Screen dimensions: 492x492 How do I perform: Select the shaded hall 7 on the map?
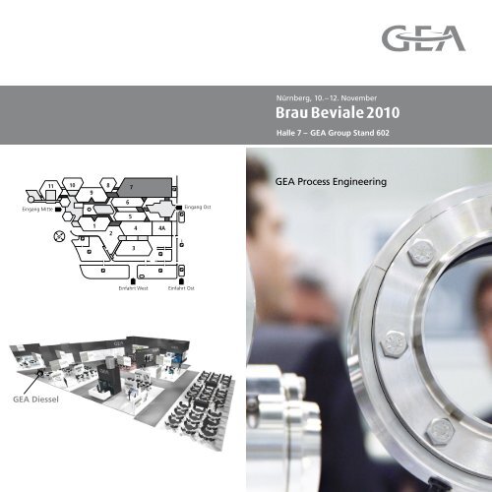148,187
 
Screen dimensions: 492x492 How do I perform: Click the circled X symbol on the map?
60,237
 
